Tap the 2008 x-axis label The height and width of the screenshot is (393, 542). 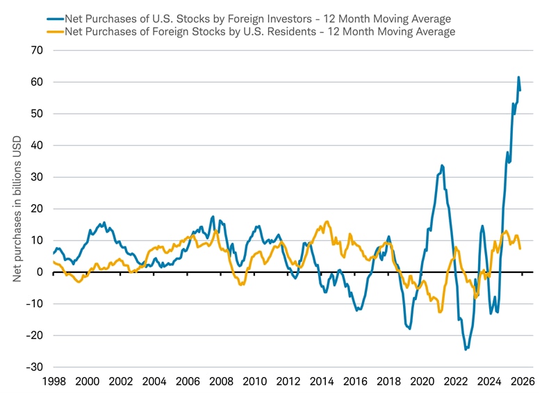(x=221, y=381)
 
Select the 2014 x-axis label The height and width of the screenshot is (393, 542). (x=322, y=381)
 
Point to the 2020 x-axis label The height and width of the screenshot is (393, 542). (x=422, y=381)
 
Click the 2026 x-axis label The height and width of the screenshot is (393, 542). (x=523, y=381)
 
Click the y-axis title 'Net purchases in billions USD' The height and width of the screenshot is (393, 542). (x=17, y=208)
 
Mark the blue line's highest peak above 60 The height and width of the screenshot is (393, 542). (x=518, y=77)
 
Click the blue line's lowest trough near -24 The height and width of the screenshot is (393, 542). (x=466, y=349)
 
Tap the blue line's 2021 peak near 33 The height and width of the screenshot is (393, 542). (x=442, y=166)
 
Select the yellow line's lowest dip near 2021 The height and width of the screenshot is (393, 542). (x=440, y=312)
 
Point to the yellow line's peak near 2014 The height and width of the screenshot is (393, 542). (x=327, y=222)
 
